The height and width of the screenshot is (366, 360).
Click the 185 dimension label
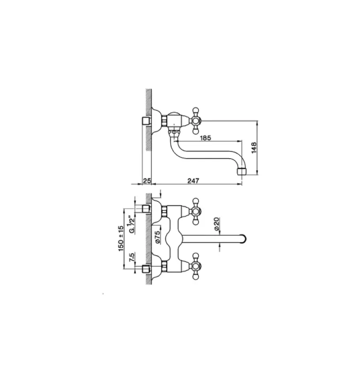tap(204, 137)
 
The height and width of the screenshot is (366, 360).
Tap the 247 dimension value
tap(194, 181)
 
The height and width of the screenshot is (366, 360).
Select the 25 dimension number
tap(146, 181)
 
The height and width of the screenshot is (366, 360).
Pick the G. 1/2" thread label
tap(131, 225)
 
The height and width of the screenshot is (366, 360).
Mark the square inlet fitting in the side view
tap(146, 121)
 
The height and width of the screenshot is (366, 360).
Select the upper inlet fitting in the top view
tap(146, 210)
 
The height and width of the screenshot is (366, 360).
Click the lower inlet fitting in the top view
tap(146, 268)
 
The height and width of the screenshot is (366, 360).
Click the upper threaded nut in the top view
tap(163, 210)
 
